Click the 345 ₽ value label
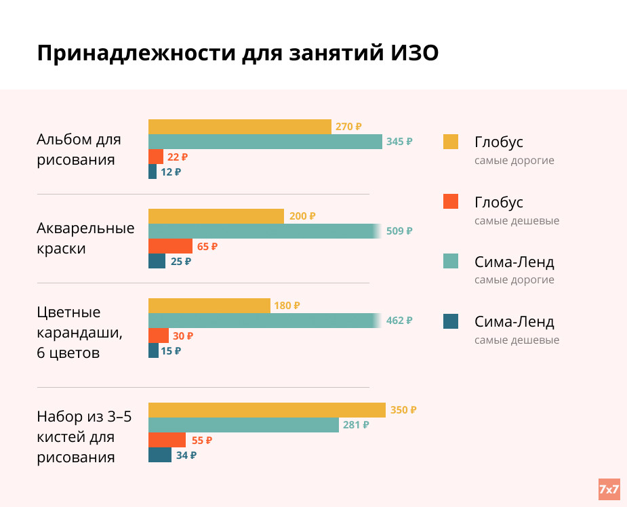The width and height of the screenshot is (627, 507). point(399,142)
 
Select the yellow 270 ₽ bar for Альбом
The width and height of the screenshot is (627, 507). point(239,127)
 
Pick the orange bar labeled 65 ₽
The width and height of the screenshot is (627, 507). point(170,246)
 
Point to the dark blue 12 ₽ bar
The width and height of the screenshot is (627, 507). point(153,171)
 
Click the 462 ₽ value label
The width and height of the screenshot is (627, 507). point(399,321)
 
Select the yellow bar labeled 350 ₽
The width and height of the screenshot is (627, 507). point(266,410)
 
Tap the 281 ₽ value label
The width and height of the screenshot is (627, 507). point(356,425)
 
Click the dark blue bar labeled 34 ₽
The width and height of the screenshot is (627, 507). point(160,455)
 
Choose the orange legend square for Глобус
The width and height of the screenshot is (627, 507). point(451,201)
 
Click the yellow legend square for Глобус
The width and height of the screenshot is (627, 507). point(451,142)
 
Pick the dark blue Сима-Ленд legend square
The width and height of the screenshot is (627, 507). point(451,321)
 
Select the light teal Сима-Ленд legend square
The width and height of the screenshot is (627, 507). point(451,261)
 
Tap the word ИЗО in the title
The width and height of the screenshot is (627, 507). point(415,53)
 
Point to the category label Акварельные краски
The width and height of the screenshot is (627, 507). point(85,238)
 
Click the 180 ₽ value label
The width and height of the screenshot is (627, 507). point(287,306)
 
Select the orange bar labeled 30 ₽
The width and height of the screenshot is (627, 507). point(159,336)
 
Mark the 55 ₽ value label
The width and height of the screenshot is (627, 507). point(202,440)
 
